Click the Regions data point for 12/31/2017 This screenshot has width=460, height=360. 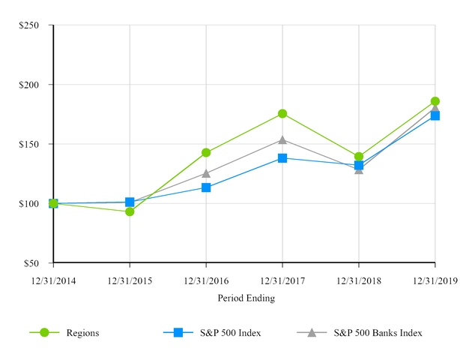pyautogui.click(x=282, y=113)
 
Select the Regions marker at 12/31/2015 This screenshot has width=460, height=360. pyautogui.click(x=130, y=211)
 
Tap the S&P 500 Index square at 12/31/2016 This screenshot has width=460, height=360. pyautogui.click(x=206, y=187)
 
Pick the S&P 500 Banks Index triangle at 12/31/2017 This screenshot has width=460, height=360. pyautogui.click(x=282, y=139)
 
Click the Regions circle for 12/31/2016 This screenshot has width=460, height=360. pyautogui.click(x=206, y=152)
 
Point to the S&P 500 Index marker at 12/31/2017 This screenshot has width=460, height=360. pyautogui.click(x=282, y=157)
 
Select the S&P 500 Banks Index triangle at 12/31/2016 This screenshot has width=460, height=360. pyautogui.click(x=206, y=173)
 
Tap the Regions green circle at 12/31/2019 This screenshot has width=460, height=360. pyautogui.click(x=435, y=100)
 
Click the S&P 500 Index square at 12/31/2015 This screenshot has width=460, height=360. pyautogui.click(x=130, y=202)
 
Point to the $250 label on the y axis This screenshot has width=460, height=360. pyautogui.click(x=30, y=25)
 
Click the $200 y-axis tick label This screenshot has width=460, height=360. pyautogui.click(x=30, y=85)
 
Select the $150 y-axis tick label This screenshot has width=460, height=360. pyautogui.click(x=30, y=144)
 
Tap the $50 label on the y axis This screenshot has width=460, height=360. pyautogui.click(x=32, y=263)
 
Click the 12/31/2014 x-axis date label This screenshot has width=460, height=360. pyautogui.click(x=53, y=280)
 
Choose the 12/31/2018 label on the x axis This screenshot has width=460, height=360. pyautogui.click(x=358, y=280)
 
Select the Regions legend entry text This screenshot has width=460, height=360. pyautogui.click(x=82, y=332)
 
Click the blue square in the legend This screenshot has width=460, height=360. pyautogui.click(x=178, y=332)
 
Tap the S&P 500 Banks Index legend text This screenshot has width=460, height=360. pyautogui.click(x=378, y=332)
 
